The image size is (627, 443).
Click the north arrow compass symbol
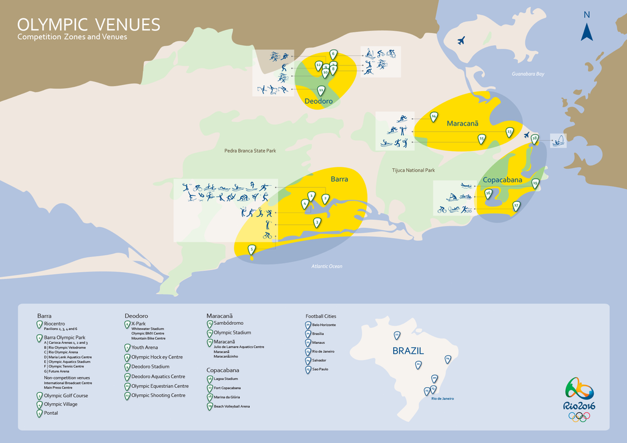[587, 27]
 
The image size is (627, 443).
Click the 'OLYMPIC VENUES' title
[89, 25]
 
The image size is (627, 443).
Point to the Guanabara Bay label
[528, 74]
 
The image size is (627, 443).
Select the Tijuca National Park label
[413, 170]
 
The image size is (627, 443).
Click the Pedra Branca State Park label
[250, 151]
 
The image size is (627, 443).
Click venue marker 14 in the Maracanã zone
[434, 116]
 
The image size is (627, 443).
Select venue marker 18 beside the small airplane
[535, 139]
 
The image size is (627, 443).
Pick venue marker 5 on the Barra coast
[251, 249]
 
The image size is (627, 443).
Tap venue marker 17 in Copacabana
[516, 206]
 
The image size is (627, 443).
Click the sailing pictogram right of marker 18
[558, 140]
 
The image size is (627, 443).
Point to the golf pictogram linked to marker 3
[268, 225]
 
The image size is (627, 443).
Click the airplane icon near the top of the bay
[460, 41]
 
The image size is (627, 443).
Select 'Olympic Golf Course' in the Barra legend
[66, 396]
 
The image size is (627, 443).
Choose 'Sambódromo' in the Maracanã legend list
[228, 323]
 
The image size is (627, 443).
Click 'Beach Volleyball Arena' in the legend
[231, 406]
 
